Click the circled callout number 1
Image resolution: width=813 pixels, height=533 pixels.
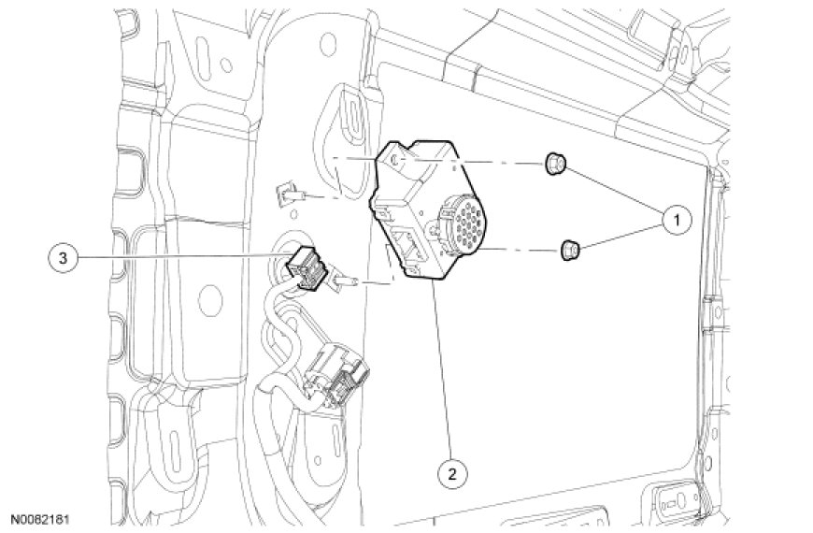tap(676, 220)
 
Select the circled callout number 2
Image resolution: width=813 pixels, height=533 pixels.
tap(452, 472)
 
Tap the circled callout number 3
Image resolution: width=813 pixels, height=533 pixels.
tap(63, 258)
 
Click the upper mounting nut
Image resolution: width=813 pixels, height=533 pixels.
tap(554, 164)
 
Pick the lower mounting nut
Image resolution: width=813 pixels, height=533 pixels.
tap(569, 251)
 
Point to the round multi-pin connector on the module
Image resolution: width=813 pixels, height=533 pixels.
tap(460, 223)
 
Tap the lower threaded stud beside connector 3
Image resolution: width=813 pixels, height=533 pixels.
tap(345, 281)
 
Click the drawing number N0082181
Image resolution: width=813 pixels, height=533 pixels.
tap(41, 519)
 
